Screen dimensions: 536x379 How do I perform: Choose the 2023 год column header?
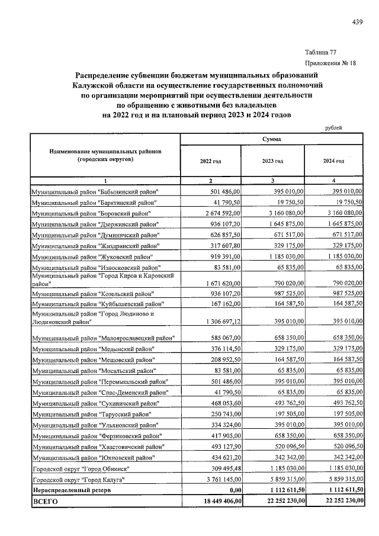[272, 161]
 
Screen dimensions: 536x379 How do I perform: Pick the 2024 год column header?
[333, 161]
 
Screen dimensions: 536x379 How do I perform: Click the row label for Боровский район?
[92, 213]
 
